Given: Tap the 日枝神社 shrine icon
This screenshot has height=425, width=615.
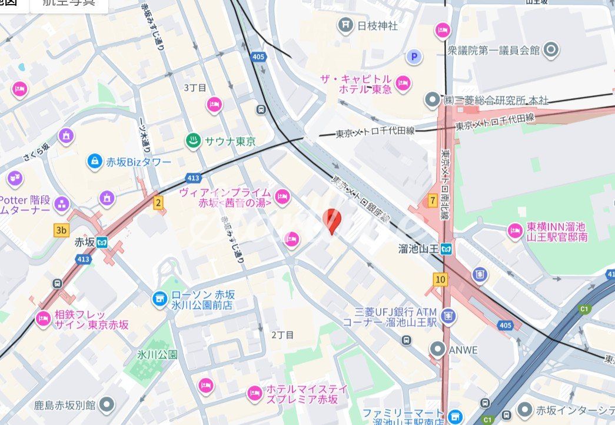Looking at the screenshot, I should [x=345, y=25].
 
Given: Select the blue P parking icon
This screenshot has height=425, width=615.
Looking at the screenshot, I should [x=415, y=56].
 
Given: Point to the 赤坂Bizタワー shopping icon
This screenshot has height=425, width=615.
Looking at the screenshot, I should [x=94, y=161].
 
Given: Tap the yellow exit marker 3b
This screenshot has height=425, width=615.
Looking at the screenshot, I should [x=61, y=230].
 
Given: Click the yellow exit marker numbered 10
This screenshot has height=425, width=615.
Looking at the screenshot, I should [x=440, y=279].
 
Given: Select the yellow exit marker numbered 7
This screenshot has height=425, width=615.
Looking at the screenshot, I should [x=433, y=200].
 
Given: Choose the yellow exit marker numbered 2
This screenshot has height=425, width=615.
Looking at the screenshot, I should [x=158, y=203].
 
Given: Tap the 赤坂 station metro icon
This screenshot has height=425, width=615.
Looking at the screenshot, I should [x=103, y=242].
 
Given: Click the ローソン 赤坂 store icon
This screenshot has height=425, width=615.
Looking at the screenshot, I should [x=159, y=299].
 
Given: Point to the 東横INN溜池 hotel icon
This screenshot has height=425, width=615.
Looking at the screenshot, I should [x=516, y=231].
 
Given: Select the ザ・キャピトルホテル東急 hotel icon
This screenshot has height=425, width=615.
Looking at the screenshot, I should [x=403, y=83].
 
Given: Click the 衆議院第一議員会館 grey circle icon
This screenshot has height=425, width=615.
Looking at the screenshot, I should [x=551, y=50].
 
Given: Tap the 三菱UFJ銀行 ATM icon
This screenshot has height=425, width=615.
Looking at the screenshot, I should [x=448, y=317].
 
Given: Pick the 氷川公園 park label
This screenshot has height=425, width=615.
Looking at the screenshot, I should [x=157, y=354].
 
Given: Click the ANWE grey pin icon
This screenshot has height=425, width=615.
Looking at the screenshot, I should [x=437, y=350].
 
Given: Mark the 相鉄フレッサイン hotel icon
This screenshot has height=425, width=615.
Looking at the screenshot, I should [x=43, y=319].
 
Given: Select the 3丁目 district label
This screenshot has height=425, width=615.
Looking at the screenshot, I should [x=195, y=88].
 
